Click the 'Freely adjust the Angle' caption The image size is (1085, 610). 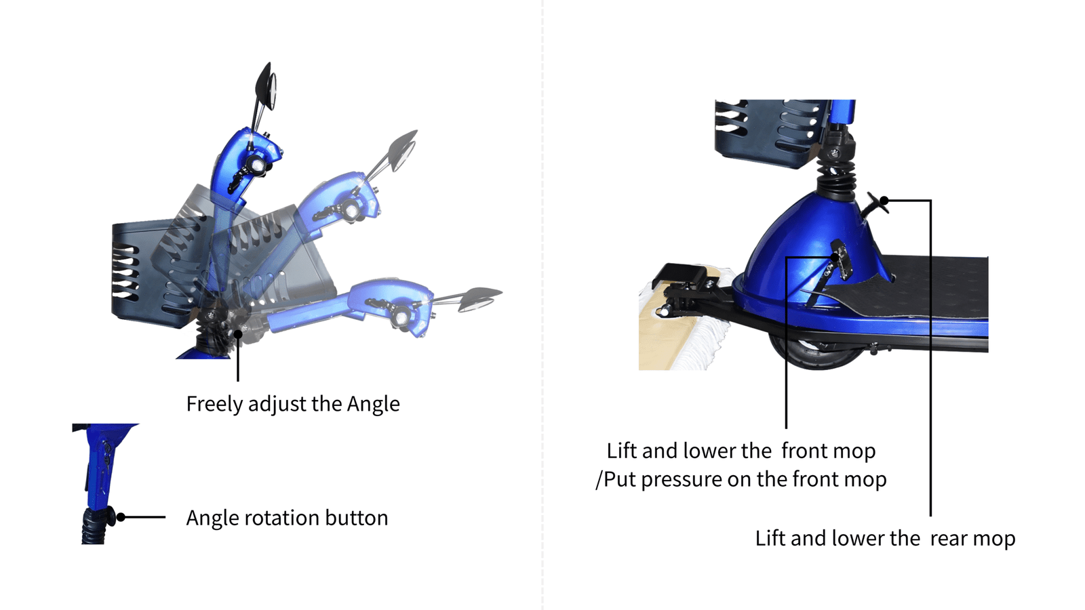point(293,404)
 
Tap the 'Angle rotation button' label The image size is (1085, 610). point(288,518)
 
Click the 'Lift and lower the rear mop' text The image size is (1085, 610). point(885,538)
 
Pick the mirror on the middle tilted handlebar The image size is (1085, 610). point(402,149)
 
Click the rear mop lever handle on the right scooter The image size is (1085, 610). point(877,203)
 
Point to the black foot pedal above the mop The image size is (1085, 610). point(680,279)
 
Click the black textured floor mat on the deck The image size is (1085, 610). point(906,287)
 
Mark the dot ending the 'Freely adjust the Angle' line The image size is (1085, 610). point(238,333)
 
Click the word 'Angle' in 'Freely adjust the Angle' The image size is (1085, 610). point(374,404)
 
